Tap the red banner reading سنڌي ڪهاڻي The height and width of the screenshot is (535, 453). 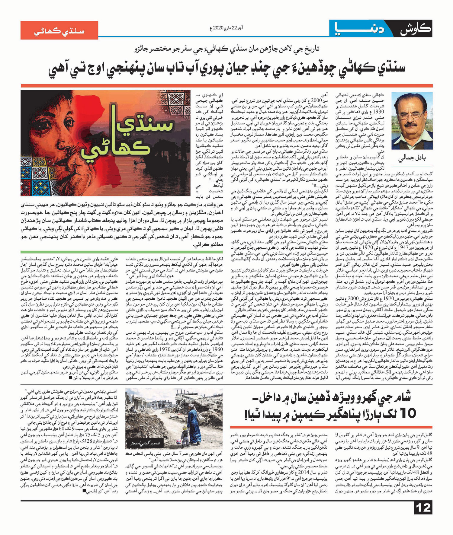[x=59, y=30]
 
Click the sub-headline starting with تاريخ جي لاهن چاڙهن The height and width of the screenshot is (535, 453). [x=226, y=49]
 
